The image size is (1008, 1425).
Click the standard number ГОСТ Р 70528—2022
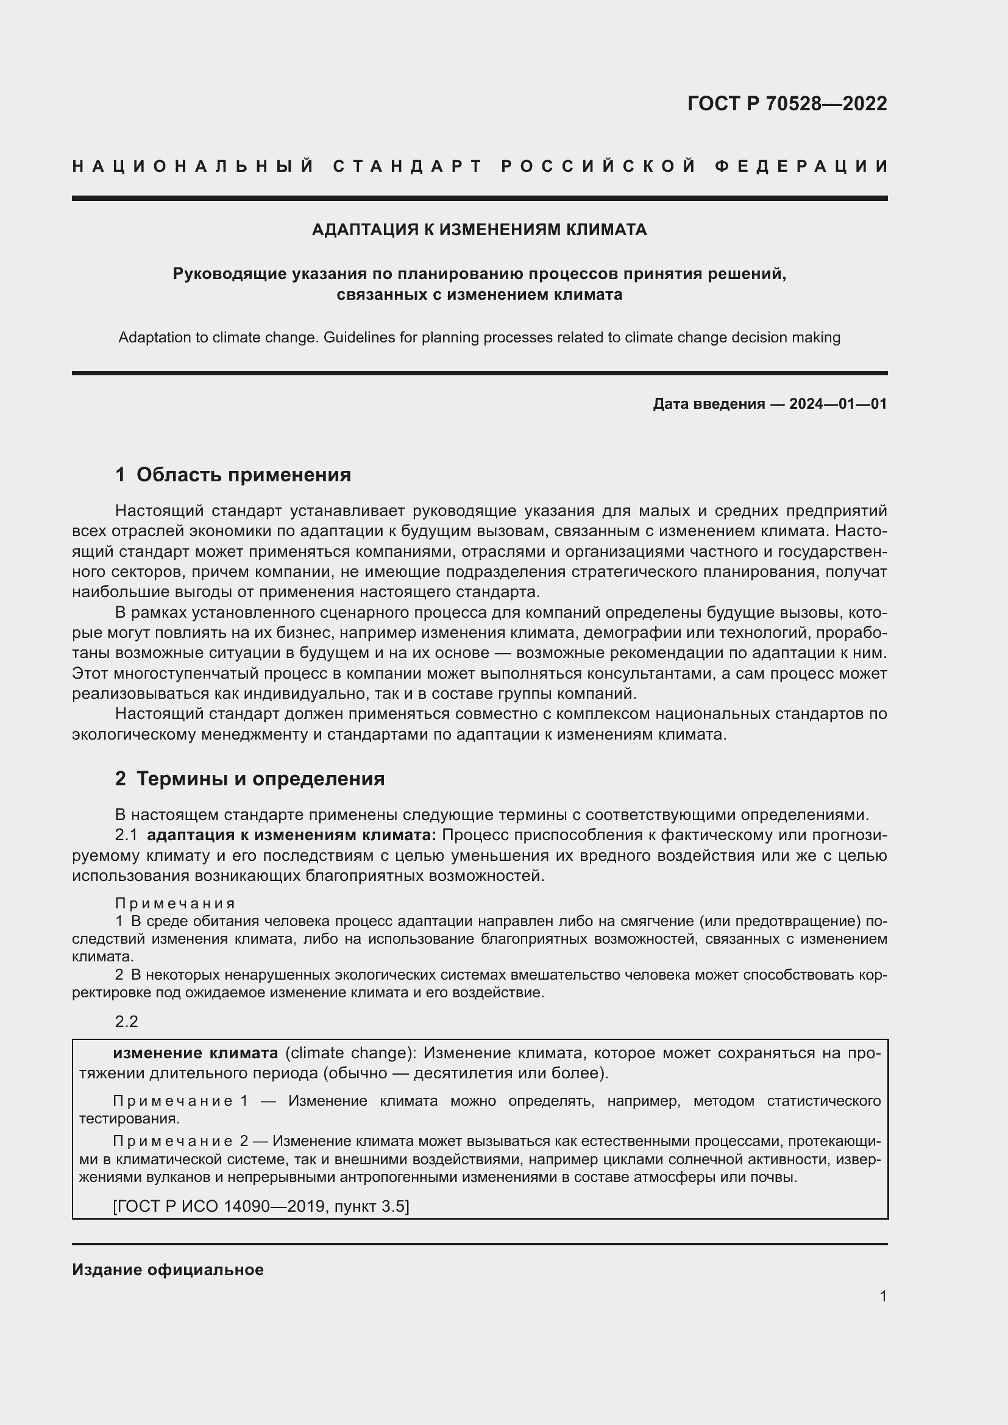tap(786, 104)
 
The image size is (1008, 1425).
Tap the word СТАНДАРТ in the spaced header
tap(408, 166)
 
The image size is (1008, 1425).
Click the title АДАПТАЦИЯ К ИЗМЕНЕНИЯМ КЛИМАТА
tap(479, 230)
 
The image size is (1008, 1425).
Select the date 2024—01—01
tap(837, 404)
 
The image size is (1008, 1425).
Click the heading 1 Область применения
tap(233, 475)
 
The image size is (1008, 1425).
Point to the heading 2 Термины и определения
tap(249, 779)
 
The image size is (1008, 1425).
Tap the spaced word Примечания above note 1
tap(175, 903)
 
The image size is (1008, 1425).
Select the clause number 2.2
tap(126, 1022)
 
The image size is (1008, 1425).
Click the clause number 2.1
tap(126, 835)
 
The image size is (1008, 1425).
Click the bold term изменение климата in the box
tap(195, 1053)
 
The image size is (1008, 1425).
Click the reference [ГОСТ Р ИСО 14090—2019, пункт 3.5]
tap(261, 1206)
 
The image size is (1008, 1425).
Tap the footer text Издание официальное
tap(168, 1270)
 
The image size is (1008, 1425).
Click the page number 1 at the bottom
tap(882, 1296)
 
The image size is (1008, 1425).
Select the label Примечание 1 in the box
tap(180, 1101)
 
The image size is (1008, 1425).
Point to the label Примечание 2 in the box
tap(180, 1141)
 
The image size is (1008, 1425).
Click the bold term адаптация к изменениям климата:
tap(291, 835)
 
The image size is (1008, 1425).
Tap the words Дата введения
tap(708, 404)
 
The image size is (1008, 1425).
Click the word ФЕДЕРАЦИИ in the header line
tap(801, 166)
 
